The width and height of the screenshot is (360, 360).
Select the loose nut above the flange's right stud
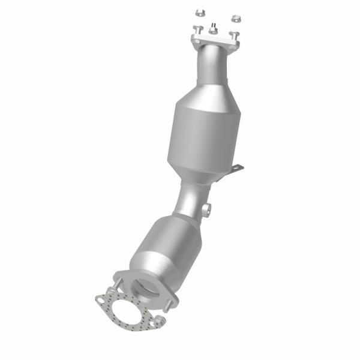[236, 19]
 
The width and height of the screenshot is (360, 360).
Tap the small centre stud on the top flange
[213, 28]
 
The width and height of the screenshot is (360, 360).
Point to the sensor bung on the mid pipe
[208, 210]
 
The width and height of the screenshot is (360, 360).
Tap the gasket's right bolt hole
[160, 323]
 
